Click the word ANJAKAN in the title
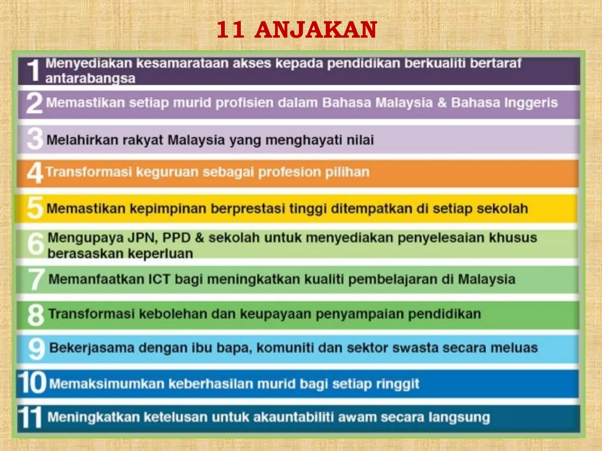point(316,30)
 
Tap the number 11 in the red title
point(230,30)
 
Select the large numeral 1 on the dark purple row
point(34,70)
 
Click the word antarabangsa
point(90,79)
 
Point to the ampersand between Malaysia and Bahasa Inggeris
point(442,103)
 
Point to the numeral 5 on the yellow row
point(35,208)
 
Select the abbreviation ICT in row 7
point(159,279)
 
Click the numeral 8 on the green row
point(36,315)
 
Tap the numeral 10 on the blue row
point(32,382)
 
